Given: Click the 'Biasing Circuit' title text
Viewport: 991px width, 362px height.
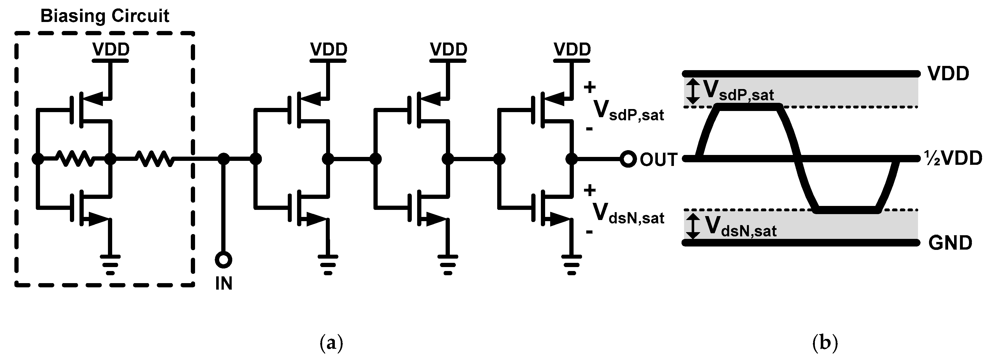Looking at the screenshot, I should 105,16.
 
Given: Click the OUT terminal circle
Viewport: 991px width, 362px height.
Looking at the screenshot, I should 628,159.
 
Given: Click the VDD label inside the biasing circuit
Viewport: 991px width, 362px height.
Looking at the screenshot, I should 111,49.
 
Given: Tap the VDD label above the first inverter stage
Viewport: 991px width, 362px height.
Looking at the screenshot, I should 329,49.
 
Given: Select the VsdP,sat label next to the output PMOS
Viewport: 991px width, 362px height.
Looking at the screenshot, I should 628,110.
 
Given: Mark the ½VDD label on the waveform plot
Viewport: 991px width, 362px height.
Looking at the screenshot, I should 953,158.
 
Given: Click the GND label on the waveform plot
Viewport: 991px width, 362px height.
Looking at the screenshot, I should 950,243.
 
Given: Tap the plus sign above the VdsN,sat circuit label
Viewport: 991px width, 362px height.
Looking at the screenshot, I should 589,190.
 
